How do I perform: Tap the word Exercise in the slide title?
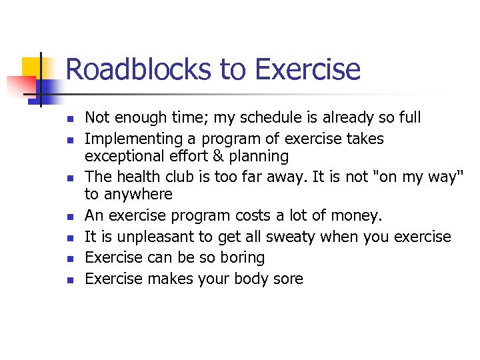pos(307,69)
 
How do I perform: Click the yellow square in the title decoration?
pos(33,68)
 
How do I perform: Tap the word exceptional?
pos(125,157)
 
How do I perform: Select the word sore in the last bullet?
pos(289,279)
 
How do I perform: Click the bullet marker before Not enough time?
pos(69,119)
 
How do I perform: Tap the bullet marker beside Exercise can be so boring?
pos(69,259)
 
